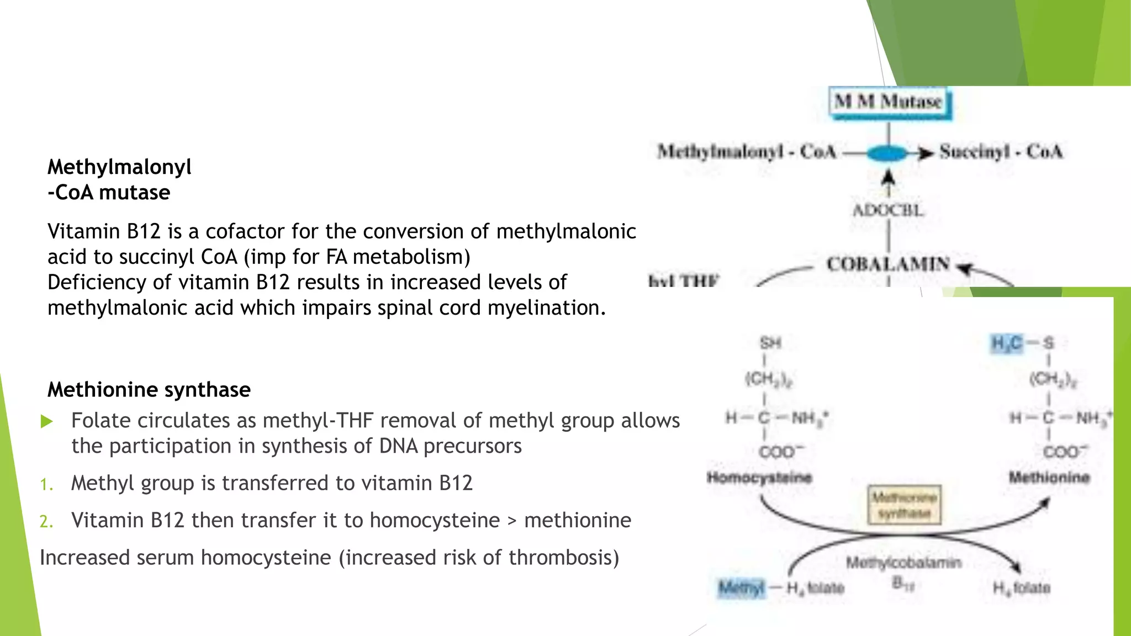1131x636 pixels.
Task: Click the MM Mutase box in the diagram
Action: click(x=889, y=102)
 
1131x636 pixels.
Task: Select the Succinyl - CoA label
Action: click(x=1001, y=152)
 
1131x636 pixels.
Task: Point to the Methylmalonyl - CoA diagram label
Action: click(x=747, y=152)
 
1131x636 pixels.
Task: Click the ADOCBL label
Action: click(x=888, y=210)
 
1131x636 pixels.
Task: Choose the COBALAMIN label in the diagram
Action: click(x=888, y=264)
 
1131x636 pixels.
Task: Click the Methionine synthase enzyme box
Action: click(x=904, y=505)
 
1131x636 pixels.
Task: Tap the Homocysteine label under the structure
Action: click(x=759, y=478)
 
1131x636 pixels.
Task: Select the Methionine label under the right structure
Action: click(x=1049, y=478)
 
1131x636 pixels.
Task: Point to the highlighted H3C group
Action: click(x=1007, y=343)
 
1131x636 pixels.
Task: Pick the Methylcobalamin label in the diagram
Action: click(x=903, y=563)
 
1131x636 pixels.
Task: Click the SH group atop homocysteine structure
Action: click(x=770, y=343)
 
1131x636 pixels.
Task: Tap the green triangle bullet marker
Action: click(x=47, y=422)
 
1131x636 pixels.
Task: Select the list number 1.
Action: click(x=46, y=485)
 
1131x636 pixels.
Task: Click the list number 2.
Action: click(x=46, y=522)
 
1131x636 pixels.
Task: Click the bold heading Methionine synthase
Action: click(x=149, y=390)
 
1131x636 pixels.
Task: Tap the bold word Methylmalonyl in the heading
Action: click(x=119, y=167)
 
